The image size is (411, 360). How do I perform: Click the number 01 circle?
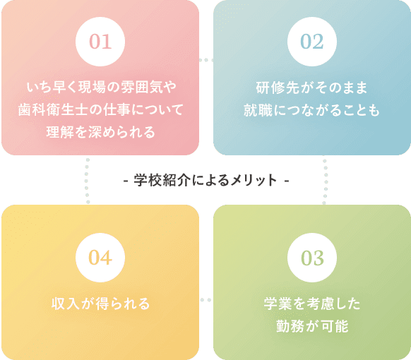[100, 42]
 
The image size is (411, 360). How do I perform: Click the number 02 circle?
[312, 42]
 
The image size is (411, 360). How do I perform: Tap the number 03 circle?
[312, 258]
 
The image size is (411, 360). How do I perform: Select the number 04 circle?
[100, 258]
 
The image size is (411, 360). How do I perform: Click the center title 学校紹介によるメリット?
[206, 180]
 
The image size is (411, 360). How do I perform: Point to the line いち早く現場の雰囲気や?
[102, 88]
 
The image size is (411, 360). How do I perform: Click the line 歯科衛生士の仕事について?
[101, 109]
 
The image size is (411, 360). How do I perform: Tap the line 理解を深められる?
[101, 132]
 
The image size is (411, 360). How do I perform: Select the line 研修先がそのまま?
[311, 88]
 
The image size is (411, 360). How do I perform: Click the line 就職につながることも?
[311, 110]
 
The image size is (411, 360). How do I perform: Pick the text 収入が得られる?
[101, 304]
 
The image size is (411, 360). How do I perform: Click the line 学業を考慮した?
[312, 304]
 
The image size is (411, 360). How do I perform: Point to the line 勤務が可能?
[312, 326]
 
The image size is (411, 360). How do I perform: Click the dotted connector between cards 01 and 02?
[206, 60]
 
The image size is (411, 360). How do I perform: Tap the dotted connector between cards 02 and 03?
[325, 181]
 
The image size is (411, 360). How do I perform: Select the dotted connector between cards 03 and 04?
[206, 300]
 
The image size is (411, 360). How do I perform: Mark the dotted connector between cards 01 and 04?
[88, 181]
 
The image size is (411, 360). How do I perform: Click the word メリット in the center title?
[254, 180]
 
